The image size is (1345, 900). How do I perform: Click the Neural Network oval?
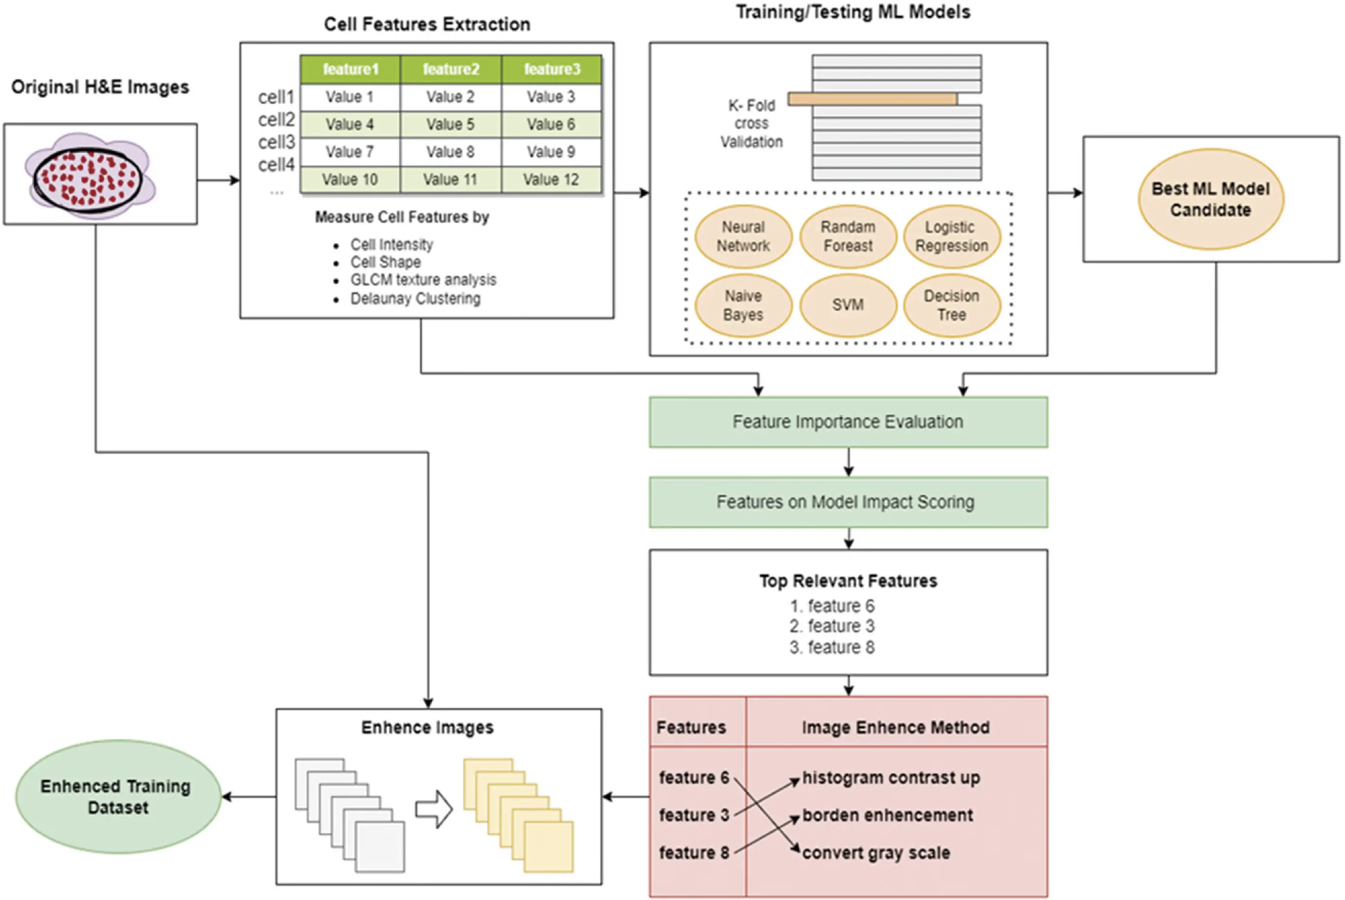point(743,236)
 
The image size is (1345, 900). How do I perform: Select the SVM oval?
point(848,305)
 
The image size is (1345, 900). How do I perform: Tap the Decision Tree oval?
point(951,305)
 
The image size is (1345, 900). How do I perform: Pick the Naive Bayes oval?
point(743,305)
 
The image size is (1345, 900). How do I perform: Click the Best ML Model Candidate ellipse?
point(1211,199)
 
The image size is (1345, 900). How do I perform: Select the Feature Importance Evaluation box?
point(848,422)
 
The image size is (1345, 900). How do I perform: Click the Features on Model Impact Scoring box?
point(848,502)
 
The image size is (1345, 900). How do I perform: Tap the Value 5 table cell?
point(450,124)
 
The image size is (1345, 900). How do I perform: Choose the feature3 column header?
point(551,69)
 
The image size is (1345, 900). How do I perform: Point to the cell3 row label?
point(276,142)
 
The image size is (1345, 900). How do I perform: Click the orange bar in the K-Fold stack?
point(872,99)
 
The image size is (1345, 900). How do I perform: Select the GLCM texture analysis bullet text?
point(423,279)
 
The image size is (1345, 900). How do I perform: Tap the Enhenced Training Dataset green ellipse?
point(118,797)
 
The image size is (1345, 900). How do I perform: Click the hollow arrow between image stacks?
point(434,809)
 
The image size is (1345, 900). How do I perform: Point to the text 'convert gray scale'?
point(876,853)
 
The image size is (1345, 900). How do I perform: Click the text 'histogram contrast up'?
point(891,778)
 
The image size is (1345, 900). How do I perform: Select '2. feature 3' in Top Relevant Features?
point(832,626)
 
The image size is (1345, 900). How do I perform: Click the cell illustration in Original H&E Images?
point(89,177)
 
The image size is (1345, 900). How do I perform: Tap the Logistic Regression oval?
point(951,236)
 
